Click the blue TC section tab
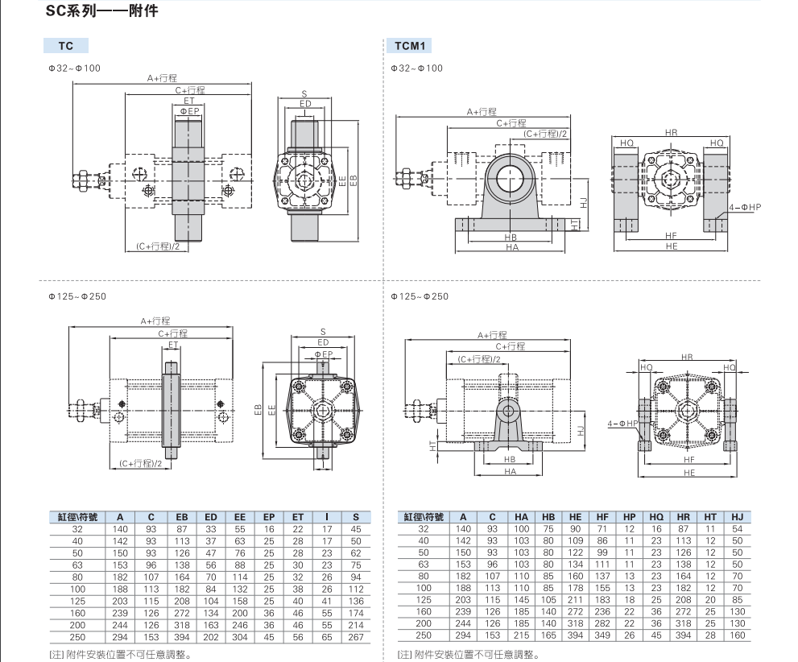66,46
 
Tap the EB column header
182,517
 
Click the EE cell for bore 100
240,588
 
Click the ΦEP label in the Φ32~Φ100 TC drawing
189,110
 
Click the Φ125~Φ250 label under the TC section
77,296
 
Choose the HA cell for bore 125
522,600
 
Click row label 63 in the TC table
77,565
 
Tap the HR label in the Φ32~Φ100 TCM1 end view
672,131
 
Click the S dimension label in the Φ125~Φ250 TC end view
323,331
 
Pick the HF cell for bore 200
602,623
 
